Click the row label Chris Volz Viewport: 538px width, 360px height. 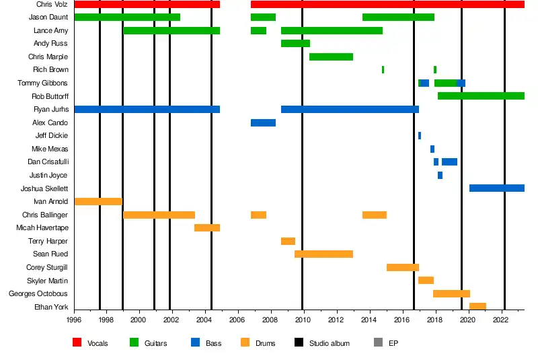click(52, 5)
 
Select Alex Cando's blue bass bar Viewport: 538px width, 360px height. click(263, 122)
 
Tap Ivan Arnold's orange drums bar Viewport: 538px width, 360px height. click(98, 201)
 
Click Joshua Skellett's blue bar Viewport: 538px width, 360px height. click(496, 188)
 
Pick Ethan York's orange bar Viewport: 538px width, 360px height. click(477, 306)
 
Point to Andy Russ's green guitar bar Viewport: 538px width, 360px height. click(295, 44)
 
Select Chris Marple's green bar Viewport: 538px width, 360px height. click(331, 57)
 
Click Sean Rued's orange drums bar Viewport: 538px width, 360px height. click(323, 254)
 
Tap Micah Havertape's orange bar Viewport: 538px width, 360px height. click(207, 227)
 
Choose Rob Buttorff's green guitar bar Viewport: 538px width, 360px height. click(481, 96)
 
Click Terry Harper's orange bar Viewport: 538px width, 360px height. click(288, 241)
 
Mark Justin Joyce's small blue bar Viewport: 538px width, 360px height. click(440, 175)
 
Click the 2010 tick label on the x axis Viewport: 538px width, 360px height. click(303, 320)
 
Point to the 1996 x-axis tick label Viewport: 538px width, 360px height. click(74, 320)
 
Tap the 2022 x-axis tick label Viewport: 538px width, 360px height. click(500, 320)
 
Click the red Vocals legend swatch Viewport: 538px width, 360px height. click(77, 343)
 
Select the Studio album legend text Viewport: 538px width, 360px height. click(329, 343)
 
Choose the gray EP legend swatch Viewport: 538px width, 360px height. click(378, 343)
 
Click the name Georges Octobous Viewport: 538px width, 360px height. click(38, 293)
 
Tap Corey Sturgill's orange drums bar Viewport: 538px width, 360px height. click(402, 267)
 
